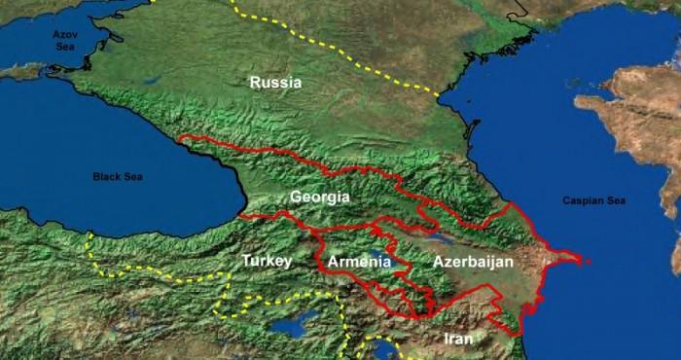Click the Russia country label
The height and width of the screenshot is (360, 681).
click(x=276, y=83)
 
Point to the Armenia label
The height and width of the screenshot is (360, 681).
click(x=359, y=262)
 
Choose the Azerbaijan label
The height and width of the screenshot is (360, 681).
click(x=473, y=262)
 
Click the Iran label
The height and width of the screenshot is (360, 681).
click(x=457, y=339)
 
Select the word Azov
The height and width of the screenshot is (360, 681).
click(x=63, y=33)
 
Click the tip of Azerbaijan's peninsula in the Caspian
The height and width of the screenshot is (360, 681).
click(x=581, y=260)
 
